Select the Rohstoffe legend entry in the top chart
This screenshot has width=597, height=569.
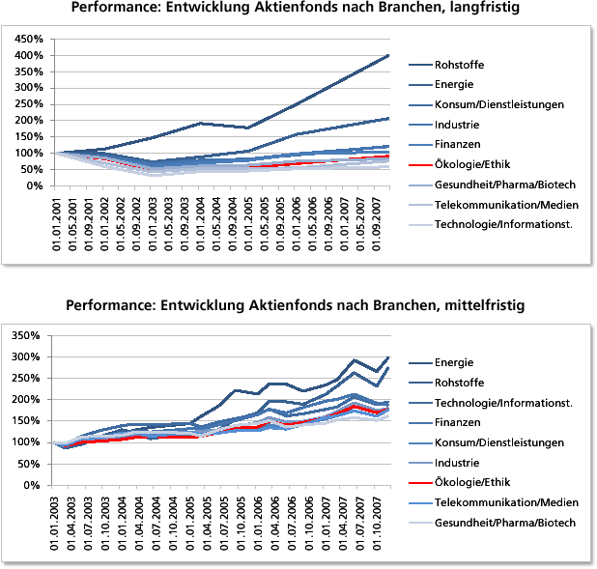pos(460,65)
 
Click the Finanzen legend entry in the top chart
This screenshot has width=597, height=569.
pos(459,145)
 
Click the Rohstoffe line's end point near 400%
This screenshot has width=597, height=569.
pos(388,55)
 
